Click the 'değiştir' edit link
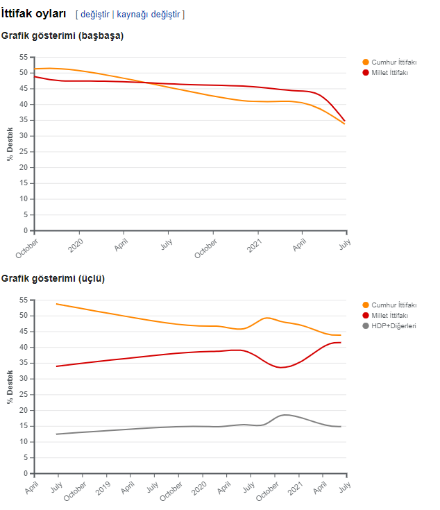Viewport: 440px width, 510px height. [95, 14]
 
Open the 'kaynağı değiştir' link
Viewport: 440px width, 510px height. [149, 14]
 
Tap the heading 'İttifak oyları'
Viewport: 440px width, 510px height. [34, 13]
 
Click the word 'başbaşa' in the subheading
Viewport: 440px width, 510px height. [101, 36]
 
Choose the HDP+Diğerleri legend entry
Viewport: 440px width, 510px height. [394, 325]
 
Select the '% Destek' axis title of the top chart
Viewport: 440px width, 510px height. [10, 144]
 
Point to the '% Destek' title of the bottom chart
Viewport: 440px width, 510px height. [10, 386]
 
